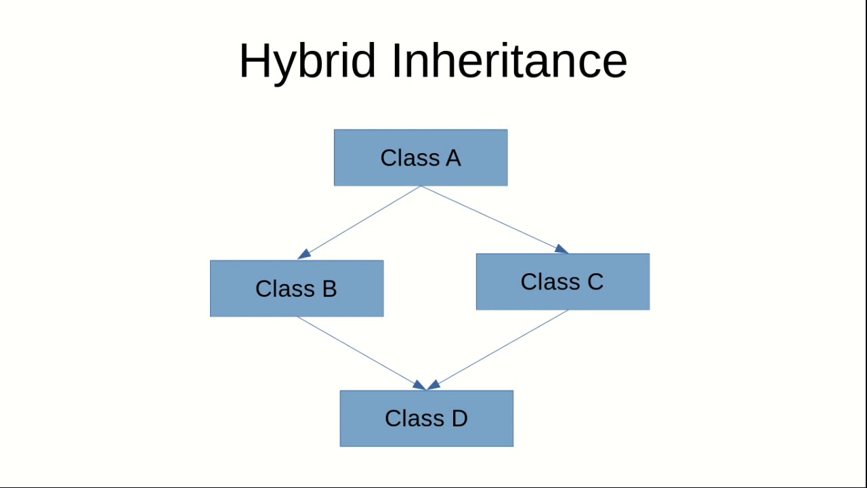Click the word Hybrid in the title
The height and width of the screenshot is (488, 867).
pos(307,61)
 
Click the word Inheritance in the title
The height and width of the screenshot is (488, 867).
pos(509,61)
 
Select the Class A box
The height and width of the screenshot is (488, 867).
pos(421,158)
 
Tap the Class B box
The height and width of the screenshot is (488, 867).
pos(297,289)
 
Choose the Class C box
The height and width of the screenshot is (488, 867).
pos(563,282)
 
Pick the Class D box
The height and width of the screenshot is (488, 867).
pos(427,418)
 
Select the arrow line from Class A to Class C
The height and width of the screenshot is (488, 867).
pos(491,218)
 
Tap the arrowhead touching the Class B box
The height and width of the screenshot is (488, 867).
pos(304,254)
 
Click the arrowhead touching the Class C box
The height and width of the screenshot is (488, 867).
pos(561,249)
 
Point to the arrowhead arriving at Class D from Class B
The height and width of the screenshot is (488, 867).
pos(419,385)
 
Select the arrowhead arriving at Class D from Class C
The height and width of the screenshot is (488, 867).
pos(433,385)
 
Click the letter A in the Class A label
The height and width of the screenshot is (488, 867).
pos(453,158)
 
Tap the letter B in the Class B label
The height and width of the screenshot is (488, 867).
pos(329,289)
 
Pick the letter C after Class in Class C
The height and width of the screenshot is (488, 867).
pos(595,282)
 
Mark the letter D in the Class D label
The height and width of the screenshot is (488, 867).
pos(459,418)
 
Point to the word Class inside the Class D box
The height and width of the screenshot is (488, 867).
pos(410,418)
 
